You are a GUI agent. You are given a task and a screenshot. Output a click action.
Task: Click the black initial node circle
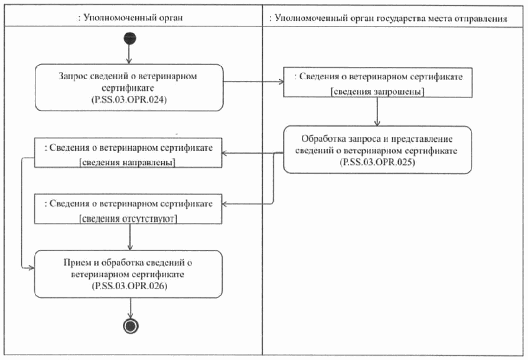tap(129, 38)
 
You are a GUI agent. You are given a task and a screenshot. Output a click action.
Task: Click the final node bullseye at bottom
tap(129, 326)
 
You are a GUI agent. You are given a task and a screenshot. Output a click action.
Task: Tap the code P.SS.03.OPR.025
tap(377, 162)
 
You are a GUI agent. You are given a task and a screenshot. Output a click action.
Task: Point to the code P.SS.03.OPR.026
tap(129, 286)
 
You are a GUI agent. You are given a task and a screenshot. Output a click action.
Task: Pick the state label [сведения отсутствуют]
tap(128, 218)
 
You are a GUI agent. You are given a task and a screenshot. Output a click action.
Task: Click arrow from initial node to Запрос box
tap(129, 54)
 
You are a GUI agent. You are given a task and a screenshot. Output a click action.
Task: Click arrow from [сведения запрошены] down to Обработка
tap(377, 112)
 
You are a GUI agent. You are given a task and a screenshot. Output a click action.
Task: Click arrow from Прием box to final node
tap(129, 307)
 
